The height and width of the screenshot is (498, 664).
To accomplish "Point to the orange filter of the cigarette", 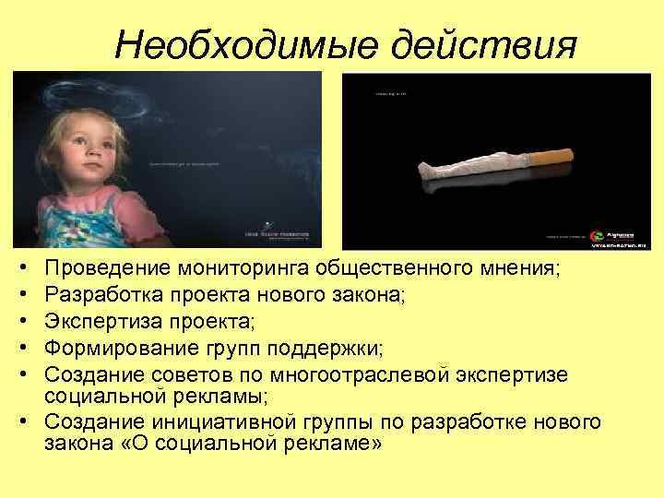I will click(552, 159).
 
